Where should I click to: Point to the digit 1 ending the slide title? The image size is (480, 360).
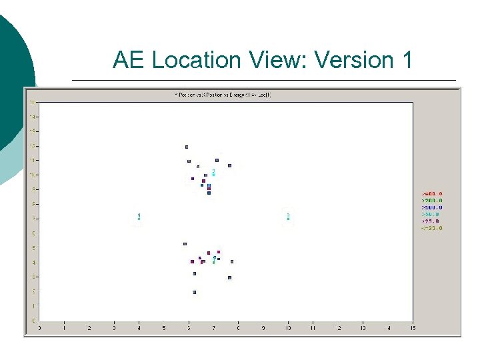coord(407,60)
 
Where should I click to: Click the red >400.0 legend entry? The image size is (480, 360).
coord(431,193)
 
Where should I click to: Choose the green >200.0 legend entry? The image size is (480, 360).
coord(431,200)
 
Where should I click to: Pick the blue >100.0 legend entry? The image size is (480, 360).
coord(431,207)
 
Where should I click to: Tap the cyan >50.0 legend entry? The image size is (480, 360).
coord(430,214)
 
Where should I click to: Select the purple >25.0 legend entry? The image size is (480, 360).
coord(430,221)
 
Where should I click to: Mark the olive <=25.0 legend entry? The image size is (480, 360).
coord(432,228)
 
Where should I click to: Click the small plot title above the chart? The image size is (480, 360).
coord(222,95)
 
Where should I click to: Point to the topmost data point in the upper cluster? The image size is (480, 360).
coord(187,147)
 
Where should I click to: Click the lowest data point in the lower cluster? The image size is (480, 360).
coord(195,292)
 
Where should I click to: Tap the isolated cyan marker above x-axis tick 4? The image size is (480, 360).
coord(139,216)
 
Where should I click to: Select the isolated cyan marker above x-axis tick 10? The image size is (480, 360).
coord(288,216)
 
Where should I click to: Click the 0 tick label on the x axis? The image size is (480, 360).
coord(39,328)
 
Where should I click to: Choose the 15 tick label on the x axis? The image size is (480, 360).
coord(413,328)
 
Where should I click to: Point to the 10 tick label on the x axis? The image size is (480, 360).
coord(288,328)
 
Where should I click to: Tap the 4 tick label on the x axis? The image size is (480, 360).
coord(139,328)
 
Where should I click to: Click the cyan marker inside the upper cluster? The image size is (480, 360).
coord(213,172)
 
